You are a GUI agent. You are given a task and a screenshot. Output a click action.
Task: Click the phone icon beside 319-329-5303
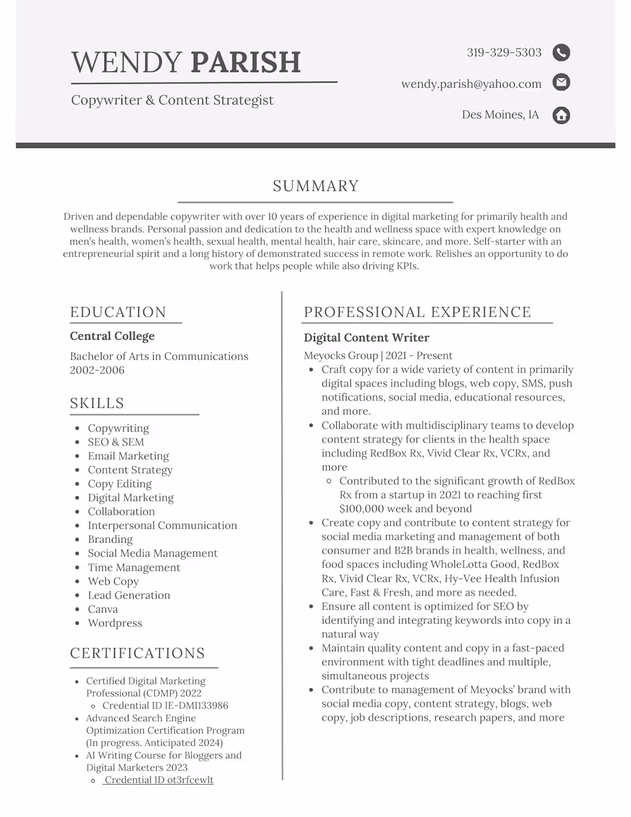pyautogui.click(x=561, y=53)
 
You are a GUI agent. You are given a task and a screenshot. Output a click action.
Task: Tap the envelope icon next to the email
pyautogui.click(x=561, y=83)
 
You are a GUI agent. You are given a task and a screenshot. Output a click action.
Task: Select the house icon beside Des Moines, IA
pyautogui.click(x=561, y=115)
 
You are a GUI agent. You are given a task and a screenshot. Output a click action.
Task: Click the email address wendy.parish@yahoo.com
pyautogui.click(x=471, y=84)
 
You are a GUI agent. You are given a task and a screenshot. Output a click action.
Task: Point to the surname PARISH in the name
pyautogui.click(x=246, y=62)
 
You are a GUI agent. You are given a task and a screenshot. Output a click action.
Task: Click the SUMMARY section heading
pyautogui.click(x=315, y=186)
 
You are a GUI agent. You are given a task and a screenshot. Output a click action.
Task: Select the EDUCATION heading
pyautogui.click(x=118, y=312)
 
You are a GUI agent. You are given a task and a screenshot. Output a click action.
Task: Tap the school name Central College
pyautogui.click(x=112, y=336)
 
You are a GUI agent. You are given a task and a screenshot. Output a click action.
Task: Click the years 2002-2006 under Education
pyautogui.click(x=97, y=370)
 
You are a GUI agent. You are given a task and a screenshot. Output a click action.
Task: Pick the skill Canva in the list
pyautogui.click(x=103, y=609)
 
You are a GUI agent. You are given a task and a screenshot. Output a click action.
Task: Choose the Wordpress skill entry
pyautogui.click(x=115, y=623)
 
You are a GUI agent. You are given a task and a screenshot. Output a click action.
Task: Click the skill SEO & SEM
pyautogui.click(x=116, y=442)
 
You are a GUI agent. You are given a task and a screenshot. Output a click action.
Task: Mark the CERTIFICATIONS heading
pyautogui.click(x=138, y=653)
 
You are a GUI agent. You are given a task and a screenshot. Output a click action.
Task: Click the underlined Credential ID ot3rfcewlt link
pyautogui.click(x=158, y=780)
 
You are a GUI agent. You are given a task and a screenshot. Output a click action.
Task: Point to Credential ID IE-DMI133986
pyautogui.click(x=165, y=706)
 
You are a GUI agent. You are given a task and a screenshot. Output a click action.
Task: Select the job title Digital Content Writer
pyautogui.click(x=367, y=338)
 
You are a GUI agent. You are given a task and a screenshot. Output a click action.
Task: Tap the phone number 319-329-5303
pyautogui.click(x=504, y=53)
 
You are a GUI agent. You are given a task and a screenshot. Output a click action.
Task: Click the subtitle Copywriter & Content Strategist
pyautogui.click(x=172, y=100)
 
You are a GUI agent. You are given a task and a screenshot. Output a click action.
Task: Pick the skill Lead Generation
pyautogui.click(x=129, y=596)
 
